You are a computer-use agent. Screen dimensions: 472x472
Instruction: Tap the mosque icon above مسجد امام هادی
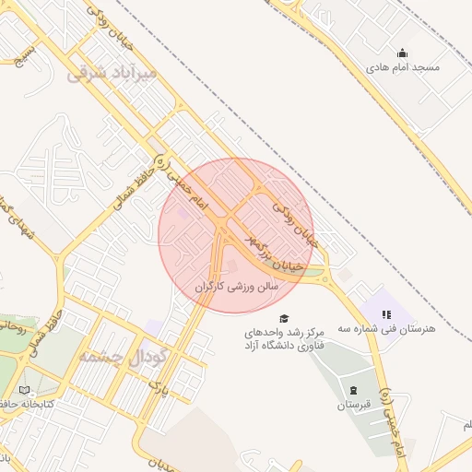(401, 53)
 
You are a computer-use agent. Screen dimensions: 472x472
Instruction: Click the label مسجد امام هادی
(402, 68)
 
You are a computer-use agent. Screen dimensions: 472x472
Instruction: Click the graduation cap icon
(282, 316)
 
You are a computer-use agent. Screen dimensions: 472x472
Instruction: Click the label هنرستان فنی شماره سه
(385, 328)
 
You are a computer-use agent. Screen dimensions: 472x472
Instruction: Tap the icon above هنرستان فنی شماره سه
(385, 313)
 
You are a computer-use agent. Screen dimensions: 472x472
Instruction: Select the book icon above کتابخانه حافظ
(24, 390)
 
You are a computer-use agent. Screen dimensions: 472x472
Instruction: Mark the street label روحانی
(17, 325)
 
